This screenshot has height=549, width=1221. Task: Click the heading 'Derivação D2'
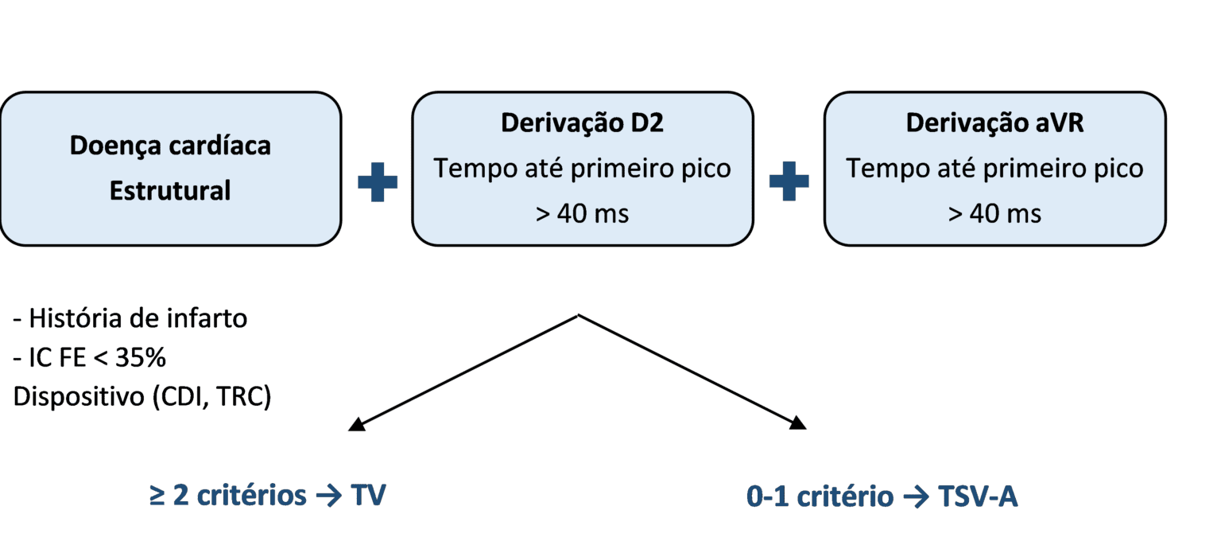(582, 124)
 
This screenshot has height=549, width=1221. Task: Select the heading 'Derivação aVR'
(994, 124)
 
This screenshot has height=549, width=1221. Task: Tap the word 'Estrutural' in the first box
(169, 191)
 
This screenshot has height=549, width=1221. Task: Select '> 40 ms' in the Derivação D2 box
(582, 213)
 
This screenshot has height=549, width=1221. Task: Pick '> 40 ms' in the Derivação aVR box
(994, 213)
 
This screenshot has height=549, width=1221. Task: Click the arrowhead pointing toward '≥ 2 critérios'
(356, 425)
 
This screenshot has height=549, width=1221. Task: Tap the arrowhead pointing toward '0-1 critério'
(798, 425)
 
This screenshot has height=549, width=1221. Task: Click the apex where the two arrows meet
(578, 315)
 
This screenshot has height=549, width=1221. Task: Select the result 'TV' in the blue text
(367, 496)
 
